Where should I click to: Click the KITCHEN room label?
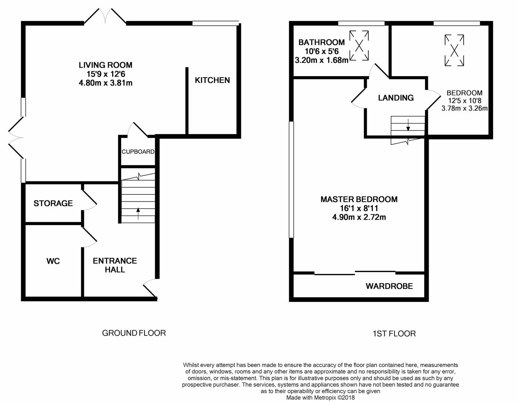(212, 80)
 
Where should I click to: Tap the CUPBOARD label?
(138, 152)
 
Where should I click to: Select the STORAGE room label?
(53, 203)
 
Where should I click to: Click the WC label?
(53, 261)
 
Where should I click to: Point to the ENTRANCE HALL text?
(115, 265)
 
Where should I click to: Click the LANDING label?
(395, 98)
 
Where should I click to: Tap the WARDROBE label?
(389, 286)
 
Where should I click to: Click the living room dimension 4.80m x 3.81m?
(105, 83)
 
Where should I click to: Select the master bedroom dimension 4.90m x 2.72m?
(359, 217)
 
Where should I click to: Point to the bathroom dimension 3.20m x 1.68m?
(321, 60)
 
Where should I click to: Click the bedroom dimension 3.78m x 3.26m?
(464, 109)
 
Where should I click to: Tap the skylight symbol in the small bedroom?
(454, 50)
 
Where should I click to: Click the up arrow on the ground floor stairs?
(138, 213)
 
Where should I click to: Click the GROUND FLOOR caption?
(134, 333)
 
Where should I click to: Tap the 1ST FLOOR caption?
(394, 334)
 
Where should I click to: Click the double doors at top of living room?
(105, 17)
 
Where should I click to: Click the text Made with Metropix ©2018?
(320, 398)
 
